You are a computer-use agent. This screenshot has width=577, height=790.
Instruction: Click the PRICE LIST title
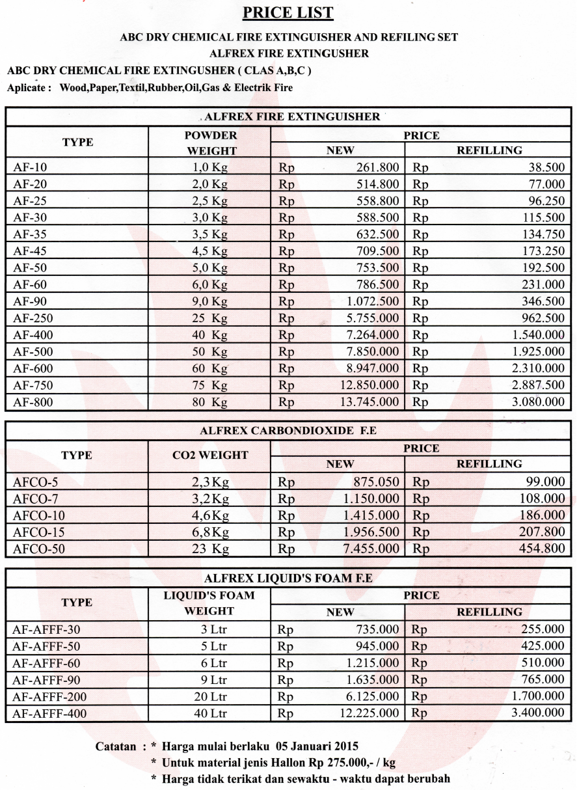[288, 12]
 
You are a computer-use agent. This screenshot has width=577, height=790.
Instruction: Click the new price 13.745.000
[369, 402]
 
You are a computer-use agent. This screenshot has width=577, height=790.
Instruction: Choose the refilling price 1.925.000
[537, 351]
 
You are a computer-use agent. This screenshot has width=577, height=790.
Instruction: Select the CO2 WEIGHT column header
[209, 456]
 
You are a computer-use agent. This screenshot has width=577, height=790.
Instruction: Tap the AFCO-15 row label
[38, 532]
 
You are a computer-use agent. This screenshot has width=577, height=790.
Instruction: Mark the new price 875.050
[377, 482]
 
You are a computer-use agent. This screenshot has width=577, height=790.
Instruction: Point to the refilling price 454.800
[541, 549]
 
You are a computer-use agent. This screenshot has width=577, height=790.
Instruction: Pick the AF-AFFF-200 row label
[49, 697]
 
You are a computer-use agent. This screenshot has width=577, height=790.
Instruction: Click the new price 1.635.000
[369, 680]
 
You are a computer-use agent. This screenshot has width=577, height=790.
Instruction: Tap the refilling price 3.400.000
[537, 713]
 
